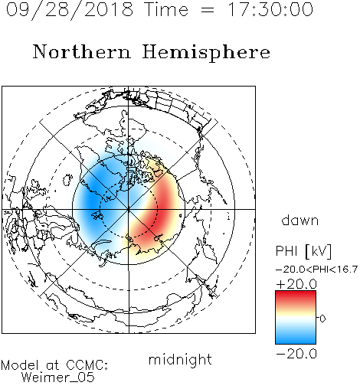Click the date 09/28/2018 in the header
pos(70,10)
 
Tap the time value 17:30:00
pos(270,9)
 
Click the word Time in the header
pos(166,9)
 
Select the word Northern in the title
pos(82,52)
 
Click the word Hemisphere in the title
pos(206,53)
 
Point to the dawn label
pos(300,220)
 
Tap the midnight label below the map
pos(180,359)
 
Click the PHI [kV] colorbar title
pos(303,251)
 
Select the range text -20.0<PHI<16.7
pos(316,270)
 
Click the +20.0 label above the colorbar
pos(296,284)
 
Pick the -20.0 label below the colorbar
pos(296,354)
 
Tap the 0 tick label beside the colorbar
pos(322,319)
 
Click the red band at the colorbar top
pos(296,296)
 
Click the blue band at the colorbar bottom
pos(296,338)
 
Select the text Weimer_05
pos(58,378)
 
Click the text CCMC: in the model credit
pos(87,365)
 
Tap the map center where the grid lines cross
pos(129,209)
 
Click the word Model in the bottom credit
pos(21,365)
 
